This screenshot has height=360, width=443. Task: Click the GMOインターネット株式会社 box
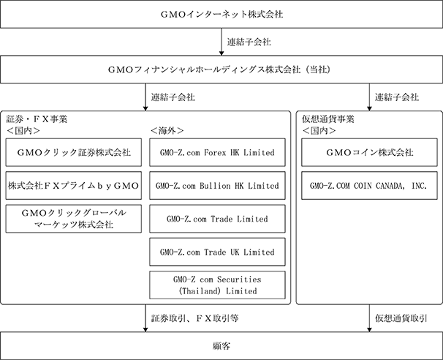click(x=221, y=14)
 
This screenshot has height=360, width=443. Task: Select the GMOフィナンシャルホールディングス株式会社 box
click(x=221, y=70)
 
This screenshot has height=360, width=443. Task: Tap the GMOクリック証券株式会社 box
click(x=73, y=152)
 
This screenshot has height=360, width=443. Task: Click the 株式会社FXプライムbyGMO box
click(x=73, y=186)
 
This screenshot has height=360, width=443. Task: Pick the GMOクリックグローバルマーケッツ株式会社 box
click(x=73, y=219)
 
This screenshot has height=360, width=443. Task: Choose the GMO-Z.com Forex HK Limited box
click(x=217, y=152)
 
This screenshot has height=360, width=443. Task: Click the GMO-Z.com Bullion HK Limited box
click(x=217, y=186)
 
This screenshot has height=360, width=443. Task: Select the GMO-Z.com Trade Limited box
click(x=217, y=219)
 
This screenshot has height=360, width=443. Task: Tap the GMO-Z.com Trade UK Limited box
click(x=217, y=252)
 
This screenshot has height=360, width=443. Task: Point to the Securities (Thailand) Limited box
click(x=217, y=285)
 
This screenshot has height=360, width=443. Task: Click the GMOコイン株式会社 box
click(x=369, y=152)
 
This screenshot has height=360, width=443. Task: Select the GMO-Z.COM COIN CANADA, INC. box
click(x=369, y=186)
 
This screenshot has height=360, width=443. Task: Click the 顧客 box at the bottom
click(x=221, y=346)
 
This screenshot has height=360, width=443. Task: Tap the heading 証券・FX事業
click(x=37, y=119)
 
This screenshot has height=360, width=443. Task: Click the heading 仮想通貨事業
click(x=328, y=119)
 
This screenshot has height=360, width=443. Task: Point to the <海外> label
click(x=167, y=130)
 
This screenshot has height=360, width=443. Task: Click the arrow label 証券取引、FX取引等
click(x=195, y=318)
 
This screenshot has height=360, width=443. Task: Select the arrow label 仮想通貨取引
click(x=401, y=318)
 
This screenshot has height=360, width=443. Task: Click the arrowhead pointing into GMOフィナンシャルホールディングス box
click(x=221, y=53)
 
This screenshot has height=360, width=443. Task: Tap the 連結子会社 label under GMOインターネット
click(x=249, y=42)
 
